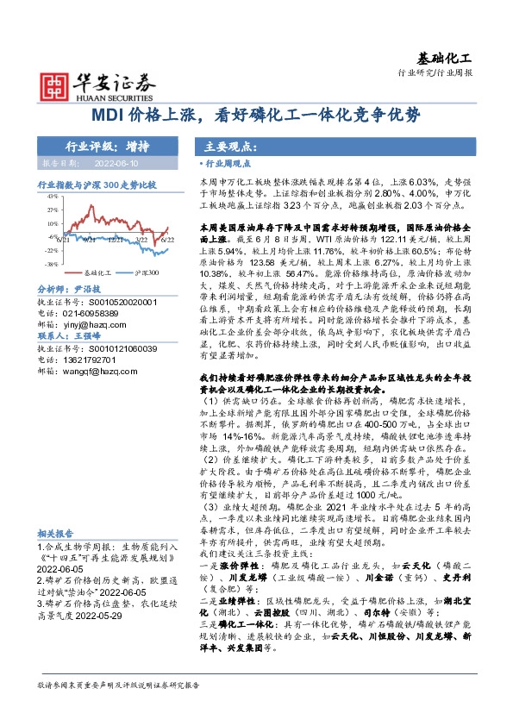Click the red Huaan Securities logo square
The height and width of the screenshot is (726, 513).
[54, 84]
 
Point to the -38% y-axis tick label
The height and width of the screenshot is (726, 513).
[51, 264]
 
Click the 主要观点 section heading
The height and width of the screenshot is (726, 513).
[227, 146]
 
